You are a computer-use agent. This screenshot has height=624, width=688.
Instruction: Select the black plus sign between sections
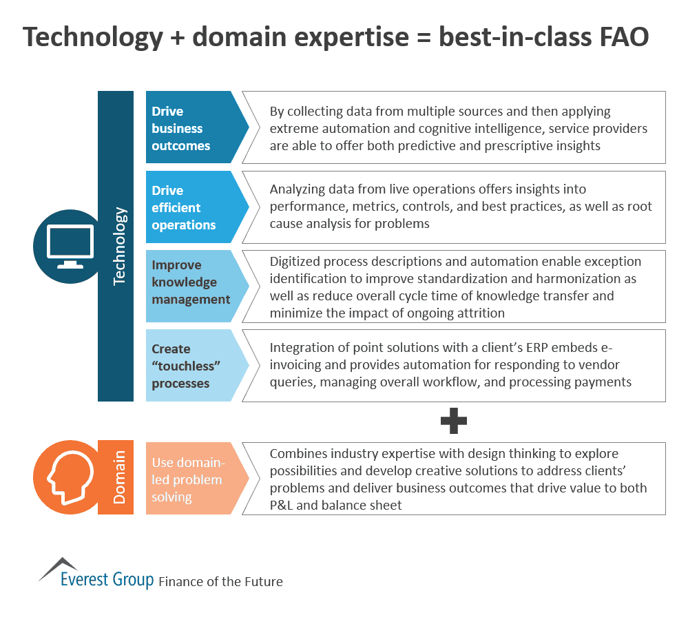point(453,422)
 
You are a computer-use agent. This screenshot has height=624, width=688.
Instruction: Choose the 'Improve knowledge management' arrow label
point(189,282)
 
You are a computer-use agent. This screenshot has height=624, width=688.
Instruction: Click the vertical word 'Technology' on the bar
point(120,246)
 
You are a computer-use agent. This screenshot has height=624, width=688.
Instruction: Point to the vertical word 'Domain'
point(120,478)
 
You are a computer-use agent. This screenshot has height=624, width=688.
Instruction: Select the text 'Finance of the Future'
point(220,581)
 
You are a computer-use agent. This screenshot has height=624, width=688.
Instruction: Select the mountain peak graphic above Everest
point(59,567)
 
